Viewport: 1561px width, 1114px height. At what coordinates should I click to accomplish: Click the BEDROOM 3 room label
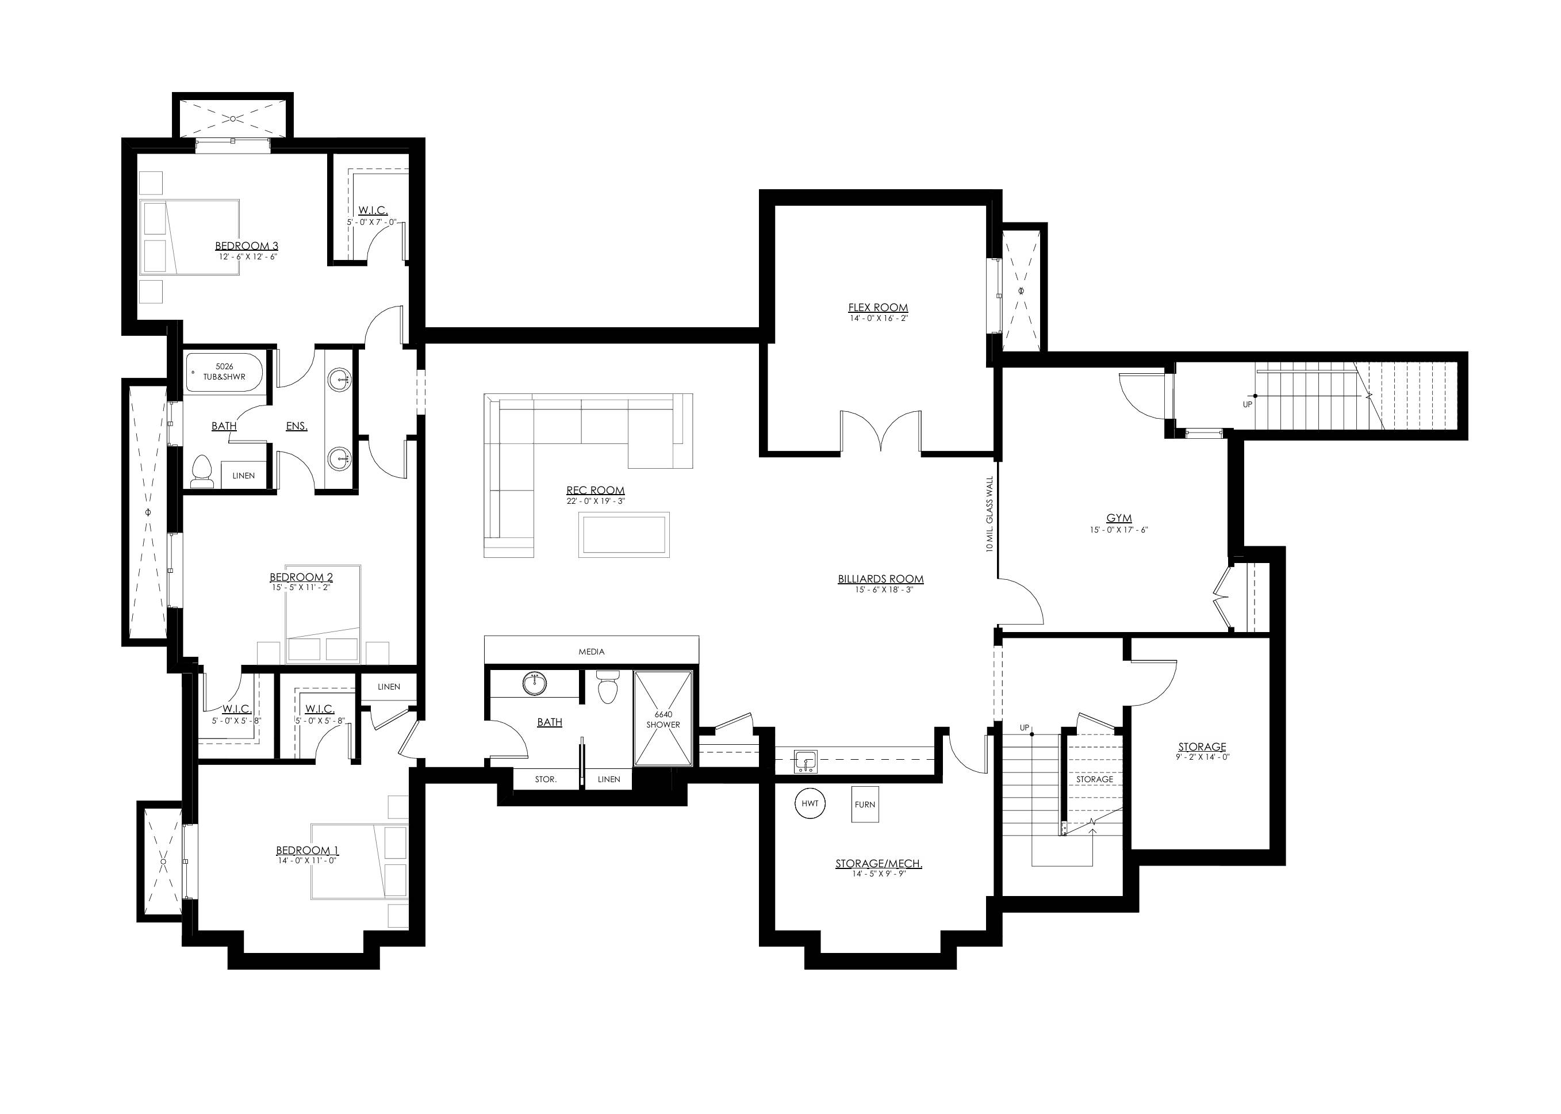tap(246, 246)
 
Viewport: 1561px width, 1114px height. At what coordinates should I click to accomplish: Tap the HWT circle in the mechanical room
tap(810, 803)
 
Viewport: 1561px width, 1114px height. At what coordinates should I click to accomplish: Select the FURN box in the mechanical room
tap(865, 804)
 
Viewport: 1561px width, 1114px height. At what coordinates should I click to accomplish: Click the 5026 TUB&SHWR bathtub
tap(224, 372)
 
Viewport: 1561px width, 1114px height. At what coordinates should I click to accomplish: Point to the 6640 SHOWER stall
tap(662, 719)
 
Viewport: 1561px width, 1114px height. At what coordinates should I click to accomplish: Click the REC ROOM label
tap(595, 490)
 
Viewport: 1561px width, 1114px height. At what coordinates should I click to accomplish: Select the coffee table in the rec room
tap(623, 534)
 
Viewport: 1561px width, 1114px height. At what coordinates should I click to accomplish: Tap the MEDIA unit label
tap(591, 651)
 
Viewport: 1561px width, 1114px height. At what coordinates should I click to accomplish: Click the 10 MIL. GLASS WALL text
tap(989, 515)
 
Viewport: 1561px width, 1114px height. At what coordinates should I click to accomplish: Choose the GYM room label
tap(1119, 518)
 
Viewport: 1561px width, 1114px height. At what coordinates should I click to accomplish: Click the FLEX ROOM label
tap(878, 307)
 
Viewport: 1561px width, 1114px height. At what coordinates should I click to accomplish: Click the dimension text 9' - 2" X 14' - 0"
tap(1202, 758)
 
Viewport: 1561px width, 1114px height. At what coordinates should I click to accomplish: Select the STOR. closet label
tap(546, 779)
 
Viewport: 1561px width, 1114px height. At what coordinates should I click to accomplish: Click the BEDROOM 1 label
tap(307, 851)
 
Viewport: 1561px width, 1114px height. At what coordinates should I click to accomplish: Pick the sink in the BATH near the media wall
tap(534, 683)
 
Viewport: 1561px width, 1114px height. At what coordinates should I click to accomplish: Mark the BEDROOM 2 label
tap(301, 577)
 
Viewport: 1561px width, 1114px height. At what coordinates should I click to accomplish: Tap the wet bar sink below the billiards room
tap(804, 761)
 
